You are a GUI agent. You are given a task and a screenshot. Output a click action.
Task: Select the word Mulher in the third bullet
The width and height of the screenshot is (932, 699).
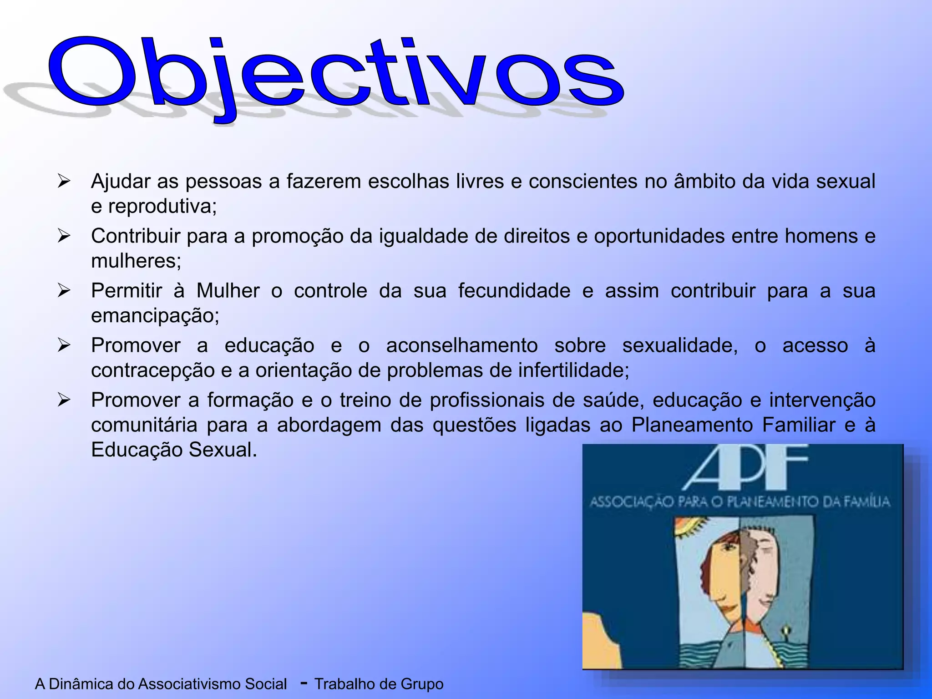coord(228,291)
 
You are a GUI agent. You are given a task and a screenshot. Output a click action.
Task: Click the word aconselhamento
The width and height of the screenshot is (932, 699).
coord(462,345)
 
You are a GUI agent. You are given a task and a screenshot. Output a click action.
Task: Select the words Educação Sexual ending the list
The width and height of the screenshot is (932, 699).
coord(174,450)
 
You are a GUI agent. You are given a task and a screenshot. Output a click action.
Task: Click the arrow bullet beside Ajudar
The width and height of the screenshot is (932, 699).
coord(64,182)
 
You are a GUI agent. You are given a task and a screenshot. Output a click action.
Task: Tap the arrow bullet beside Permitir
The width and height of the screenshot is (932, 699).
coord(64,291)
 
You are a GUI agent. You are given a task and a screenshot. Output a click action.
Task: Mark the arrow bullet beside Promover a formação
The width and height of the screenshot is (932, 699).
coord(64,400)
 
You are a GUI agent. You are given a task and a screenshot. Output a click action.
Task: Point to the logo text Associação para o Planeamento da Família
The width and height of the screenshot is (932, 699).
coord(740,502)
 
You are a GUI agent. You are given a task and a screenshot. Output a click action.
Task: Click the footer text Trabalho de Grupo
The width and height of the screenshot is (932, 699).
coord(379,684)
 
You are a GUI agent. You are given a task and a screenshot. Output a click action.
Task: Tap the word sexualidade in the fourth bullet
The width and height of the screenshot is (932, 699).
coord(679,345)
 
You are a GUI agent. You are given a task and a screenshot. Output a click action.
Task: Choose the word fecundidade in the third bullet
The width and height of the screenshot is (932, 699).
coord(514,291)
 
